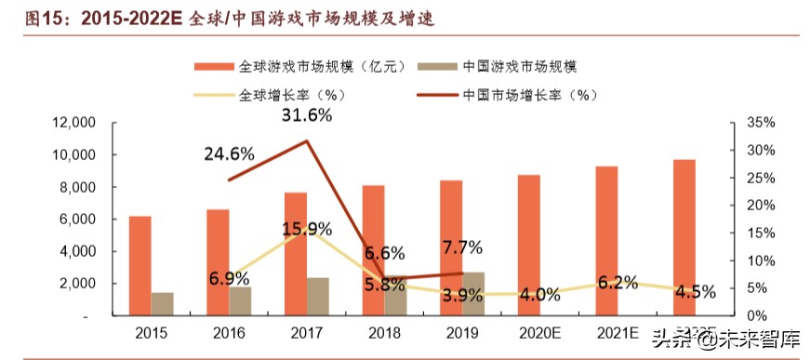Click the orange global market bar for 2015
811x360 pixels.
click(x=140, y=266)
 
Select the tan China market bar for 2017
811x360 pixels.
click(x=318, y=297)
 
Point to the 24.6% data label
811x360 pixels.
click(x=229, y=154)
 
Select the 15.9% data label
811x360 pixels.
click(x=307, y=228)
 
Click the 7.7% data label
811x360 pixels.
click(x=462, y=247)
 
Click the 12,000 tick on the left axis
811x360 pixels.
click(x=74, y=123)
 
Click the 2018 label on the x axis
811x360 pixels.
click(x=383, y=332)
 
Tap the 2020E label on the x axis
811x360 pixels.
click(x=539, y=332)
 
